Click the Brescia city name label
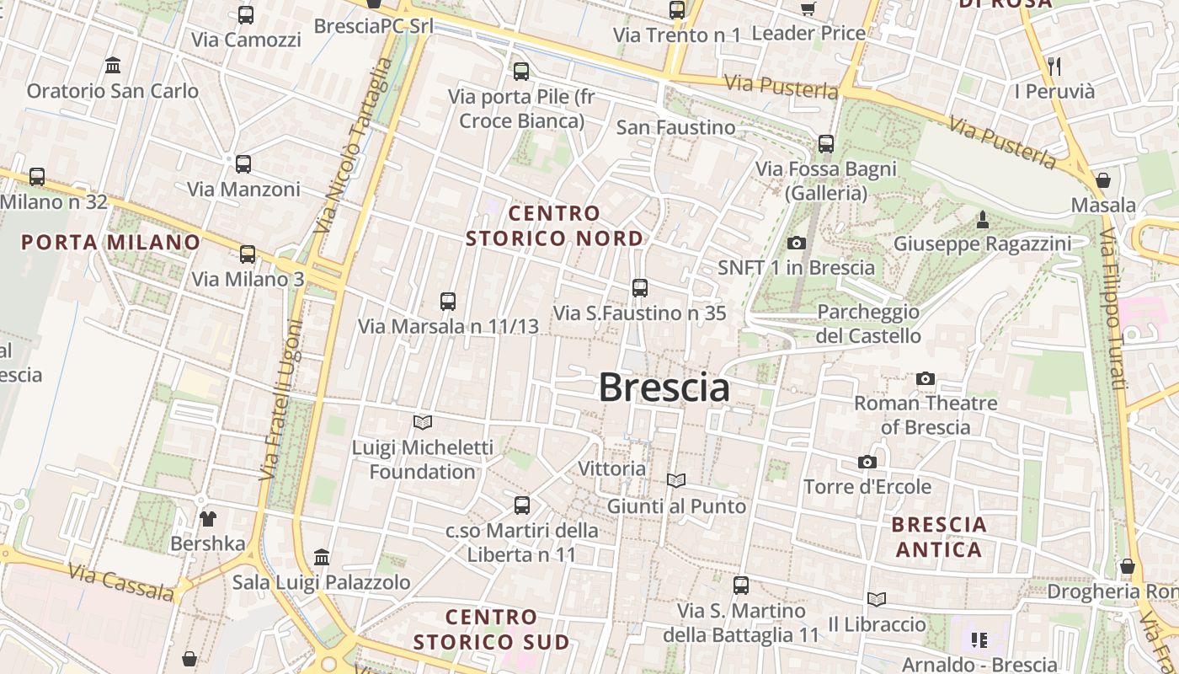[664, 388]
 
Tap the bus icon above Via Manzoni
[243, 164]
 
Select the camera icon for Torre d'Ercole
[867, 462]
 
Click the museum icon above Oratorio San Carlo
[112, 66]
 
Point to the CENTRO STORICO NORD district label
[555, 226]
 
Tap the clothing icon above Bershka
[207, 518]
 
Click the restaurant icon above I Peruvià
[1054, 67]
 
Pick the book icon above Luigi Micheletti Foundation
[423, 422]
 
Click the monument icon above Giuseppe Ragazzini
[982, 220]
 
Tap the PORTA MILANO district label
[111, 243]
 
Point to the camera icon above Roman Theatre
[926, 378]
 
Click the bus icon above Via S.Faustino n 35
[640, 288]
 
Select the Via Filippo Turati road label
[1112, 308]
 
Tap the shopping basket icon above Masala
[1102, 180]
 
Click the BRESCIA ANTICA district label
[938, 537]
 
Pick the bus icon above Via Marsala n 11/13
[448, 301]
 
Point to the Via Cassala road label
[121, 583]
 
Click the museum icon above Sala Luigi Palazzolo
[322, 557]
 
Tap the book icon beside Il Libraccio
[877, 599]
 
